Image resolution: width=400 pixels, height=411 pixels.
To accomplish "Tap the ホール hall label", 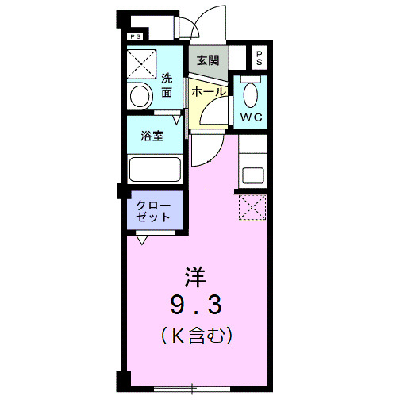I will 209,92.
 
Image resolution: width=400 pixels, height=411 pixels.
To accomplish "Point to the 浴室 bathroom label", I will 153,135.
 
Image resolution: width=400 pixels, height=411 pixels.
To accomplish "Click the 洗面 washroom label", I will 167,85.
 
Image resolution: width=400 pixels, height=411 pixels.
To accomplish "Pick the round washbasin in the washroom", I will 141,97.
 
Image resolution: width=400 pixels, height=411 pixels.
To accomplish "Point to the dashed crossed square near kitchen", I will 252,207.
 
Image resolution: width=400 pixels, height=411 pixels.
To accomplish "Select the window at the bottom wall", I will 193,389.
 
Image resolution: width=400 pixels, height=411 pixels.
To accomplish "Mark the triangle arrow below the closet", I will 142,238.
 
